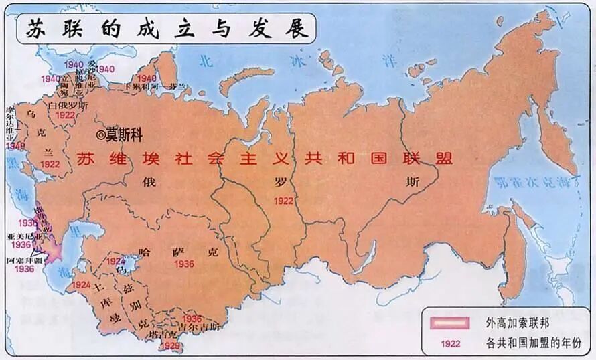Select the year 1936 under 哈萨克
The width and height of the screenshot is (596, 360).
click(183, 264)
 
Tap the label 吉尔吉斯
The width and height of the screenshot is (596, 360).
click(200, 327)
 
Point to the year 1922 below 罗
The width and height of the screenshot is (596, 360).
click(284, 199)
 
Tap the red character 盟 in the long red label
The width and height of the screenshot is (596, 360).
click(444, 159)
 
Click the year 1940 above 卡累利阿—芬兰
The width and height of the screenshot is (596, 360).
click(147, 78)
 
